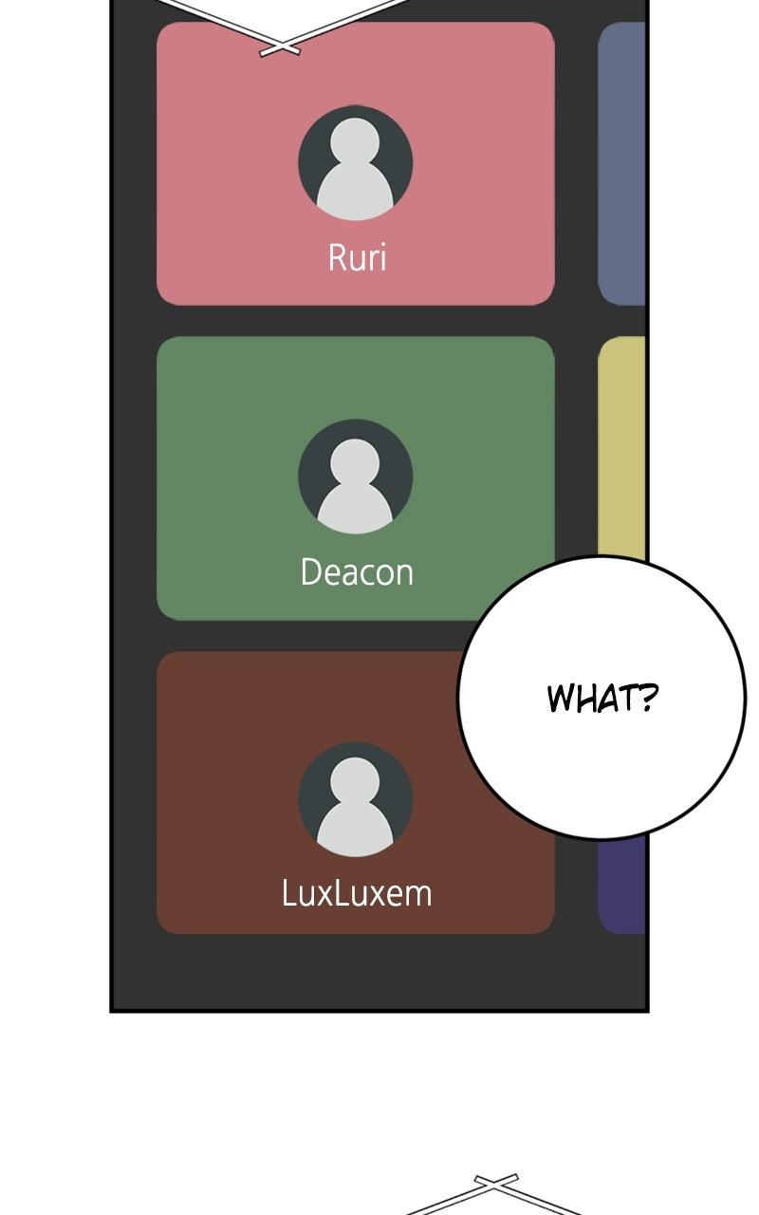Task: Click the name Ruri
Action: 358,257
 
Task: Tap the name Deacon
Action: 357,571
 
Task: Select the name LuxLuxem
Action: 357,893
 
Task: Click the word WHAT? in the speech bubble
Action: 602,698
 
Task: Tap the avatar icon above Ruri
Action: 355,162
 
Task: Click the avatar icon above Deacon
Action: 355,477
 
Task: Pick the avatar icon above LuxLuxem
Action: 355,799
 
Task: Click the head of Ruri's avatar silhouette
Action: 355,140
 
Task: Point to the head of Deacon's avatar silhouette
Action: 355,460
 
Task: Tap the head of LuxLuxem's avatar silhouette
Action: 355,780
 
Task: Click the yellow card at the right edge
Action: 621,447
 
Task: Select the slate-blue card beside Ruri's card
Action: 621,164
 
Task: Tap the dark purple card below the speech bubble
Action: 621,884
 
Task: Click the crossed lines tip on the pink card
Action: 280,47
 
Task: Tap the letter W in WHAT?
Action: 561,699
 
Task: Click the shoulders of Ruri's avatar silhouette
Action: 355,190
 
